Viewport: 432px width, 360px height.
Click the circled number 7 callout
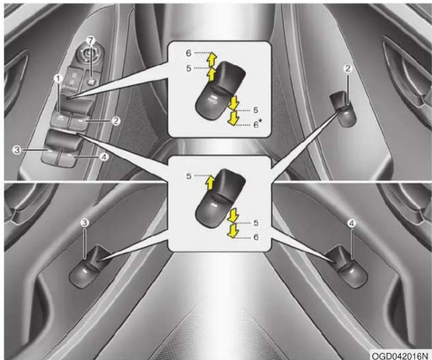click(91, 40)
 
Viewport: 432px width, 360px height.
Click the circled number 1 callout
click(58, 79)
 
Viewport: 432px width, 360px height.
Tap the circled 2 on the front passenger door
click(348, 69)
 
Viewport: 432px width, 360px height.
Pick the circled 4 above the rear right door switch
click(352, 224)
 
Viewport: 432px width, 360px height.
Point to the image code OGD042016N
click(400, 355)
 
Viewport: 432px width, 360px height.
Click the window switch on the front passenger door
click(343, 109)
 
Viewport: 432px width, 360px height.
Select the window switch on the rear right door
click(348, 267)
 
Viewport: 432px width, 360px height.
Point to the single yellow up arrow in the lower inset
click(210, 183)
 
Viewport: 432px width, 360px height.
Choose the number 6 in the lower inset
click(256, 237)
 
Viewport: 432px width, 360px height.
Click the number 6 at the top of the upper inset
click(188, 53)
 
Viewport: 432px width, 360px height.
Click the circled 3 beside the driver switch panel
click(17, 150)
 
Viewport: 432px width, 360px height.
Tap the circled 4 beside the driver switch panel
click(103, 157)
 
